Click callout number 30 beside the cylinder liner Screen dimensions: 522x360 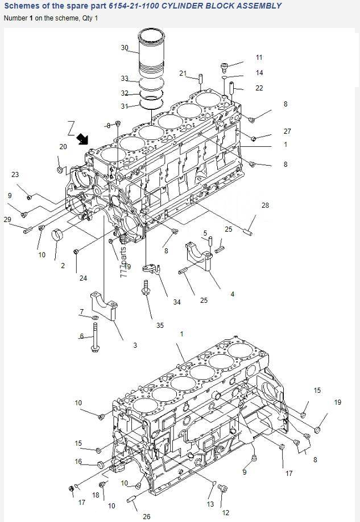point(125,48)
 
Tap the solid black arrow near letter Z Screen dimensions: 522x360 point(83,138)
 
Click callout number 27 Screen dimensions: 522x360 point(287,131)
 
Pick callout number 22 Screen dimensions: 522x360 point(259,88)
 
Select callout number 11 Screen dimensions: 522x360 point(259,57)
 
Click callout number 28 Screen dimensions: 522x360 point(265,205)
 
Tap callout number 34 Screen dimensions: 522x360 point(177,302)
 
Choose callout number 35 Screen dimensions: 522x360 point(160,326)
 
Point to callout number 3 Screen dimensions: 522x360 point(135,346)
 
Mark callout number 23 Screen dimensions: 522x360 point(15,175)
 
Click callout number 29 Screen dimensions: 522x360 point(7,220)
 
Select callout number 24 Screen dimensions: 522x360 point(83,278)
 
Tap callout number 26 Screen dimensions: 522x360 point(147,516)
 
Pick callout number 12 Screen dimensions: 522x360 point(225,513)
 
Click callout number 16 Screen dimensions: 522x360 point(78,462)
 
